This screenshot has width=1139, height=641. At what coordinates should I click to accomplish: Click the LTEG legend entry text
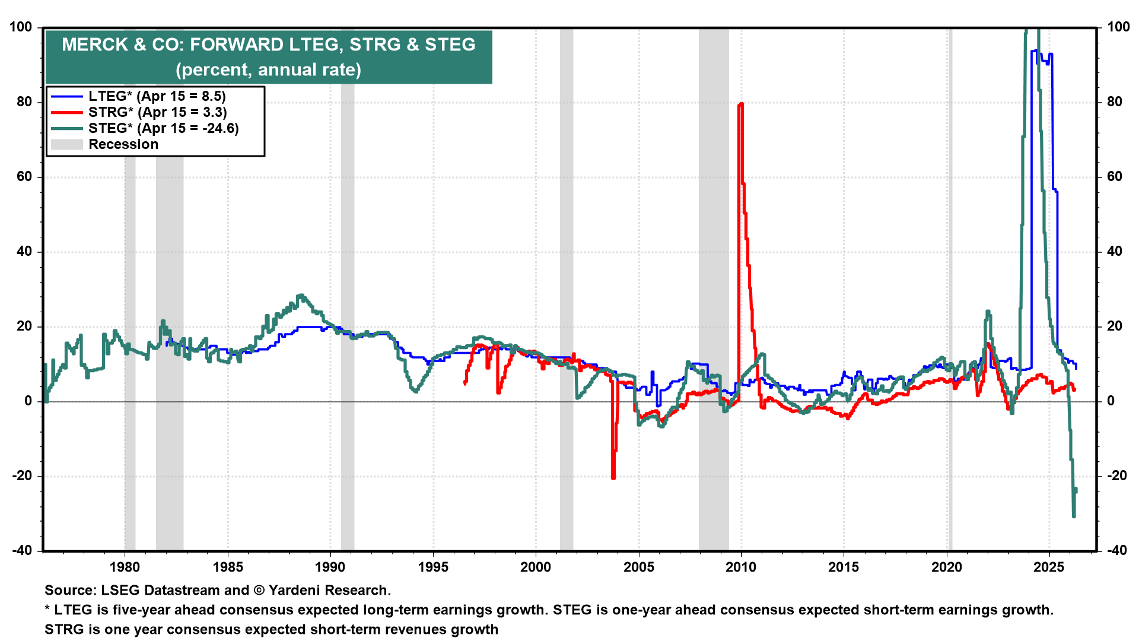coord(157,96)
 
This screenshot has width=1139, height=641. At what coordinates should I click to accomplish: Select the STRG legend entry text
coord(157,112)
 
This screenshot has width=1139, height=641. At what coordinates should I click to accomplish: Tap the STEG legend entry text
coord(163,128)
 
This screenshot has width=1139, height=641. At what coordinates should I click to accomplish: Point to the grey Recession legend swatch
coord(66,144)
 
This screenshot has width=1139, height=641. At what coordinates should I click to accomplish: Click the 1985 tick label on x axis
coord(228,567)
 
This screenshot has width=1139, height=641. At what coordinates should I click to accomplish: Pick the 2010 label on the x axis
coord(741,567)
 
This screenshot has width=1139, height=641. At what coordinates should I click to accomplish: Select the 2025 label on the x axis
coord(1049,567)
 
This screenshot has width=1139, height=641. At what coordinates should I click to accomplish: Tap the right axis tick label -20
coord(1116,476)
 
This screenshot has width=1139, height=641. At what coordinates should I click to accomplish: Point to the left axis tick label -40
coord(21,551)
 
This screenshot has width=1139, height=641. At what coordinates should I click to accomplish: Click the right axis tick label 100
coord(1118,27)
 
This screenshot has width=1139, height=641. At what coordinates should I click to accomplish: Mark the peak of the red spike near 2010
coord(740,104)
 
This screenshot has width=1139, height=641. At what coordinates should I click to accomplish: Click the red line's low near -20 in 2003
coord(613,477)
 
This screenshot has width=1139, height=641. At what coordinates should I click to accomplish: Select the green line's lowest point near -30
coord(1074,516)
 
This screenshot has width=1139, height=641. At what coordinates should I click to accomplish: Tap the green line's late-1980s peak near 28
coord(301,295)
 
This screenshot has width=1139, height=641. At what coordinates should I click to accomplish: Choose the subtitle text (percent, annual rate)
coord(268,69)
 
